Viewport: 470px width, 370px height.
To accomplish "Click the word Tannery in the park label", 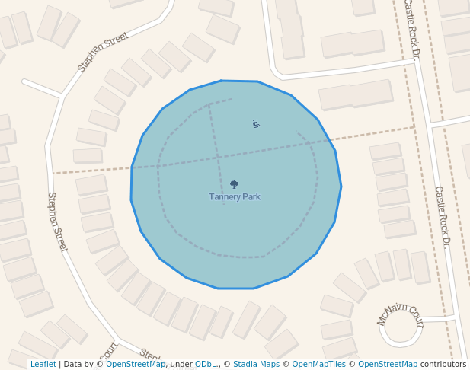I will click(226, 197).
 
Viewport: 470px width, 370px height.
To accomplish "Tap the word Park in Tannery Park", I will click(251, 197).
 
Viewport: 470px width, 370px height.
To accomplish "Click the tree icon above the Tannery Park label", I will click(234, 184).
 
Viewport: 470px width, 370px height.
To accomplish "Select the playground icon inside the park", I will click(256, 123).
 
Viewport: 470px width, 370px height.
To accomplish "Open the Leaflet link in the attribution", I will click(43, 364).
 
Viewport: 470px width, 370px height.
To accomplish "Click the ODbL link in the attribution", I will click(206, 364).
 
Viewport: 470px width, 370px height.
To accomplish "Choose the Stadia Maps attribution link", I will click(256, 364).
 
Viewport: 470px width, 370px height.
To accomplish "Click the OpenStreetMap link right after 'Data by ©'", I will click(136, 364).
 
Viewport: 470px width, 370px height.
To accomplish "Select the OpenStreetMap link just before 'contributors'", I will click(388, 364).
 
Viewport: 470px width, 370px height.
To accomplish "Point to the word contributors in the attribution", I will click(443, 364).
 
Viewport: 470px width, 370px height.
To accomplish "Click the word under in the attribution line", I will click(181, 364).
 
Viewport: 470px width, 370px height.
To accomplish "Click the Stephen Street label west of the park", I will click(57, 221).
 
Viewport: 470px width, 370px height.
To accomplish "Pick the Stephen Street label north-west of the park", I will click(103, 52).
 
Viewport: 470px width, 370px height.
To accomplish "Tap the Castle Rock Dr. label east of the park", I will click(443, 215).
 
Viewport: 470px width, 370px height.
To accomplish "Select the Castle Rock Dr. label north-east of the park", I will click(411, 29).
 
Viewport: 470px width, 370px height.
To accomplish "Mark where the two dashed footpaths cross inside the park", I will click(218, 158).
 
